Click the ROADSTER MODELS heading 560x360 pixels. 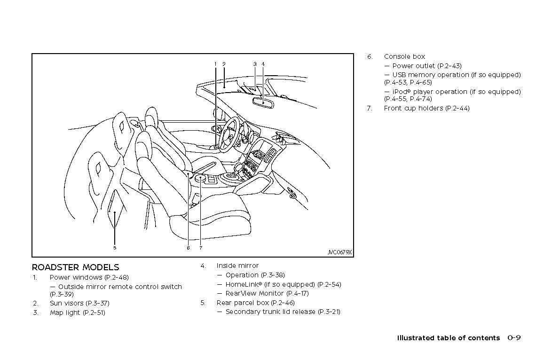(75, 267)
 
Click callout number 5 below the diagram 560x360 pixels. (115, 247)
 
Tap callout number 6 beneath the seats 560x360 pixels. (188, 248)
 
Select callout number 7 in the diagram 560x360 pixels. (200, 248)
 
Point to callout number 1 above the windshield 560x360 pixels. (215, 64)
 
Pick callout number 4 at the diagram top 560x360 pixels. (263, 64)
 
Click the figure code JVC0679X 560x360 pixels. (339, 252)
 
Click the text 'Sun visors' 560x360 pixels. (66, 303)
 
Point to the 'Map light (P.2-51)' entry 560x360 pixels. (77, 313)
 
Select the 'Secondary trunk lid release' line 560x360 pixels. (270, 312)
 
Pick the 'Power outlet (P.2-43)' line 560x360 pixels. (426, 66)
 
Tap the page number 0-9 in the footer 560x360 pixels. (514, 337)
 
